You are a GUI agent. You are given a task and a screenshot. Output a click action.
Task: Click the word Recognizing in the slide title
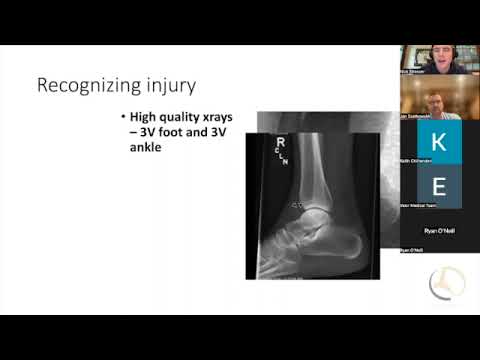point(85,84)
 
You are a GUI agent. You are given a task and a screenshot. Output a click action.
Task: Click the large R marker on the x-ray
point(280,143)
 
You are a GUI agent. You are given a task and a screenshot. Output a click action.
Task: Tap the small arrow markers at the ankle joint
point(297,205)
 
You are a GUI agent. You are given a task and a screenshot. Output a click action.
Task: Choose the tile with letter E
point(438,186)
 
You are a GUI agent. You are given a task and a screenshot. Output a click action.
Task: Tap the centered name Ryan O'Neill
point(438,231)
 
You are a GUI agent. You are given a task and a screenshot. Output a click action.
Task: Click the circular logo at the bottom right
point(446,284)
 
